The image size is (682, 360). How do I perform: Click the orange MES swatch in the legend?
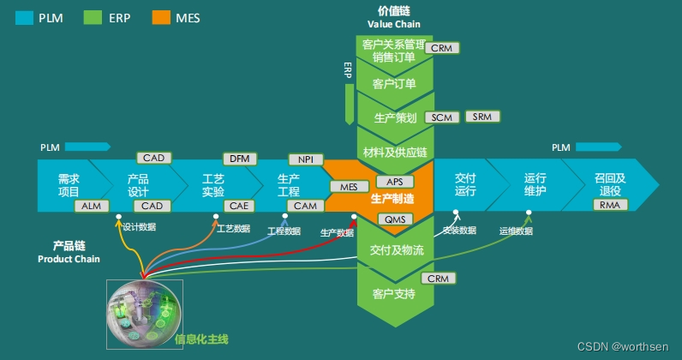tap(159, 17)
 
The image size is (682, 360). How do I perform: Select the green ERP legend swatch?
tap(93, 17)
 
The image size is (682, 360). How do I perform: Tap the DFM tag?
tap(238, 159)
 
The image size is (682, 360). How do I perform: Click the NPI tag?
tap(306, 159)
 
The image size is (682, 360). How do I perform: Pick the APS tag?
tap(394, 182)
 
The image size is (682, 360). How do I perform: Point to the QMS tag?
tap(394, 219)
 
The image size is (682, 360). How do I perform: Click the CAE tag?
tap(238, 206)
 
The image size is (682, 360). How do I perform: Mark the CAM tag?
tap(305, 206)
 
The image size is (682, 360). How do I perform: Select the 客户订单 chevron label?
tap(395, 84)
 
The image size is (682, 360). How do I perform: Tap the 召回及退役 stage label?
tap(610, 185)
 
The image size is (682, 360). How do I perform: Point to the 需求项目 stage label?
tap(69, 185)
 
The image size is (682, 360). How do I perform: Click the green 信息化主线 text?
tap(202, 339)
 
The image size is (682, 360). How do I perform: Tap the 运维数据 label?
tap(516, 231)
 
